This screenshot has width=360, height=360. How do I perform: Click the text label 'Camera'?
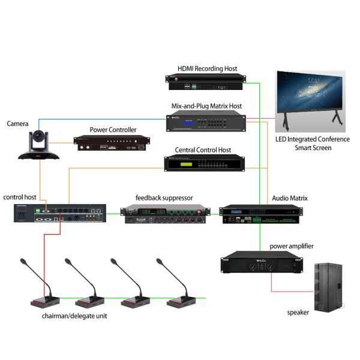(18, 124)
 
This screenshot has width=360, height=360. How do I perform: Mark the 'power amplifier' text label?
(292, 246)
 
